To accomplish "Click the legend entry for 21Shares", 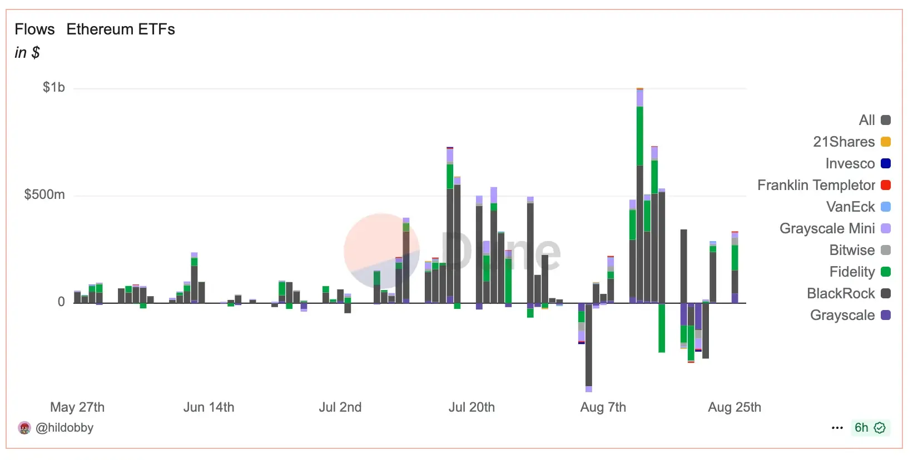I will [851, 142].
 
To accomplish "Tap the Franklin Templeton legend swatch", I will [886, 185].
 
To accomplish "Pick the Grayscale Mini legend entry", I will [834, 228].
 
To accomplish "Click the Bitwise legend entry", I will [859, 250].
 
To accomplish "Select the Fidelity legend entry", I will [859, 272].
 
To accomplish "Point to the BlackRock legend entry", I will [848, 293].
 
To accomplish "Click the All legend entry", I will [874, 120].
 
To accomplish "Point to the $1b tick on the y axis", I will [54, 87].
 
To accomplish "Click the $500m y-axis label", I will [44, 194].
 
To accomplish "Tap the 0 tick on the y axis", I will [61, 302].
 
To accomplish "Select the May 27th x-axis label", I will [77, 407].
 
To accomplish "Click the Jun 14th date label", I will [209, 407].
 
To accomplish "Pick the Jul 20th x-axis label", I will [472, 407].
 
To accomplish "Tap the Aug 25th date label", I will [734, 407].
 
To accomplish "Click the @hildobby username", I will [64, 428].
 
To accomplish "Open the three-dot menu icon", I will [837, 428].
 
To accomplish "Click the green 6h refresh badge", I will [870, 428].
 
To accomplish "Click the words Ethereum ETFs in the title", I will [121, 29].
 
